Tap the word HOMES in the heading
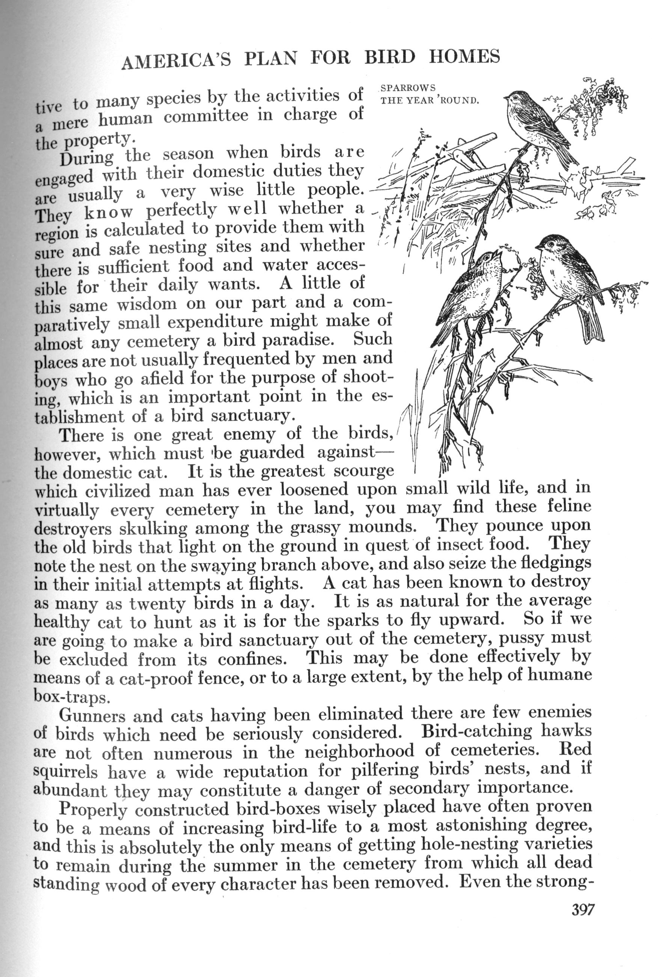point(464,56)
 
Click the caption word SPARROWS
point(408,88)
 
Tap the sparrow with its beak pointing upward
point(471,294)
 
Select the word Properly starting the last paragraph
point(93,809)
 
